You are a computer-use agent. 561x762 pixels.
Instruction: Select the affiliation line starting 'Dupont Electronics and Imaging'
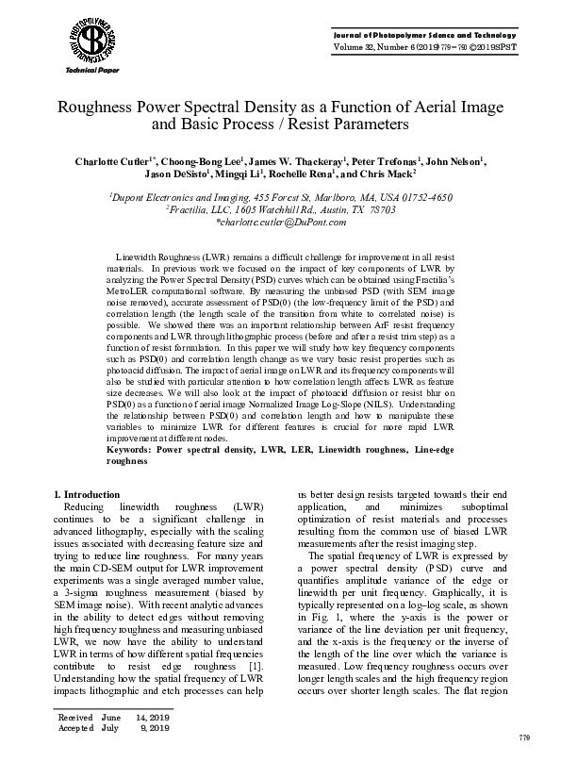click(281, 197)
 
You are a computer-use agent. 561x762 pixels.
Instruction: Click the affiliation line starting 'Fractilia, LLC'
click(281, 209)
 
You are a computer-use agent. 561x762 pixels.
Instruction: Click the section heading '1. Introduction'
click(87, 494)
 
